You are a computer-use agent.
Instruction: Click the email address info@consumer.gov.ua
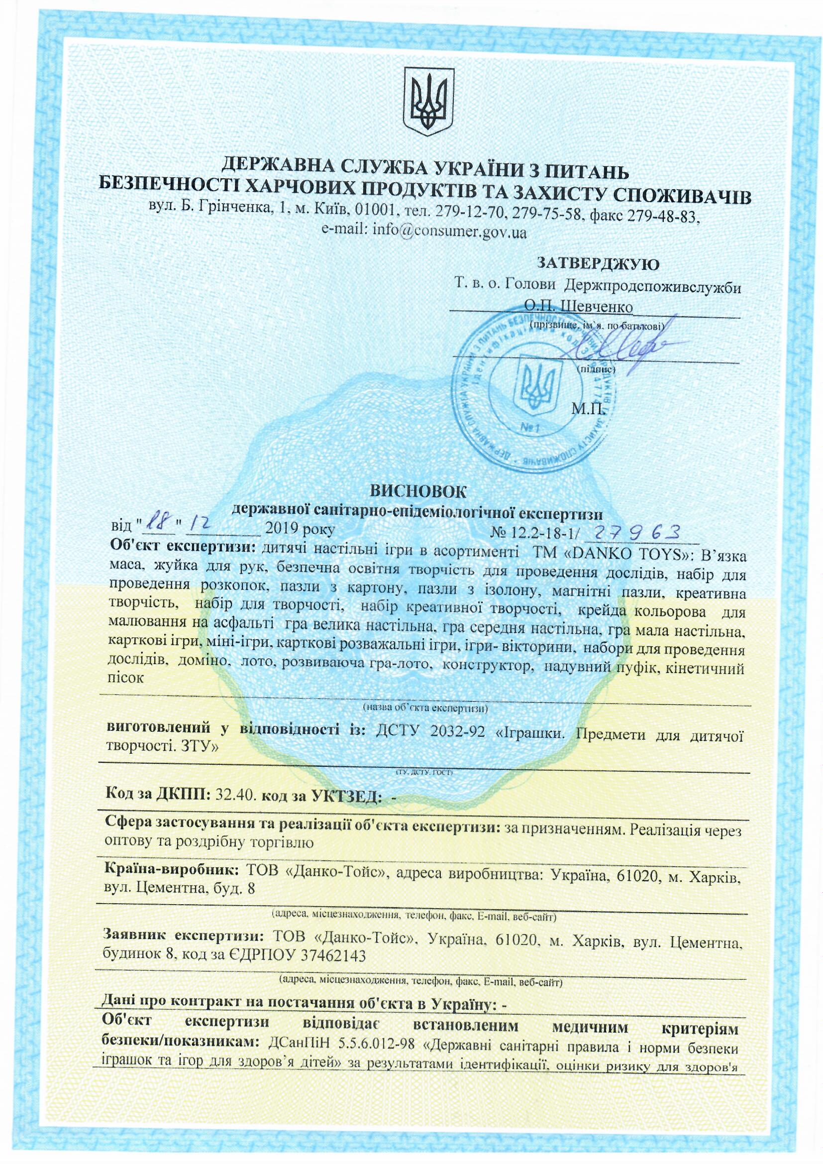[x=424, y=232]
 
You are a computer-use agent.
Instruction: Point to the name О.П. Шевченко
[x=579, y=307]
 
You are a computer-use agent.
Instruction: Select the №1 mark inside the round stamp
[x=530, y=428]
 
